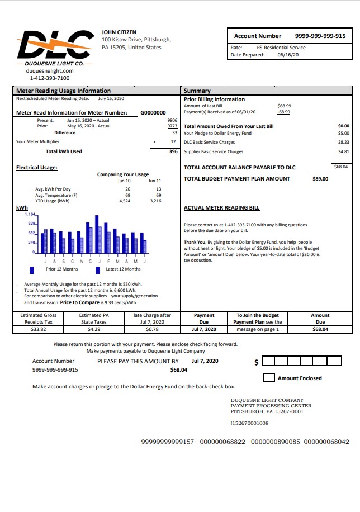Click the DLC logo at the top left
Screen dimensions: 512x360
point(54,44)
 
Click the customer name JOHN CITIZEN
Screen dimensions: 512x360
point(119,32)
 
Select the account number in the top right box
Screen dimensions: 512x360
point(320,36)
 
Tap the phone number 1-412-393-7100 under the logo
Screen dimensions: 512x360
point(50,78)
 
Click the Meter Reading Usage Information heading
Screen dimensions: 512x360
point(63,91)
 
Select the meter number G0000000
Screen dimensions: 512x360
point(153,112)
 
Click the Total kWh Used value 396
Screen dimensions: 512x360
point(173,151)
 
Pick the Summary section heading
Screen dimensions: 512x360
point(197,91)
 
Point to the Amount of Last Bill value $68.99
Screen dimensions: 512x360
point(284,106)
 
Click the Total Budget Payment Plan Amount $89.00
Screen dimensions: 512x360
point(320,179)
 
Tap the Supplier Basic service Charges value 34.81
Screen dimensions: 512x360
point(343,151)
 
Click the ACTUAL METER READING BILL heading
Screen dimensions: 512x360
point(221,207)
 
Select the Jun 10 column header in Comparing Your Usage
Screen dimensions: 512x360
point(124,181)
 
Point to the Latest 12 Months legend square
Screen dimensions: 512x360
point(98,269)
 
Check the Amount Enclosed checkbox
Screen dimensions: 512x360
point(268,378)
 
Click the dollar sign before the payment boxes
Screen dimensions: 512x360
point(257,362)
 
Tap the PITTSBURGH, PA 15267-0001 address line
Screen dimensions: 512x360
point(267,411)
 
